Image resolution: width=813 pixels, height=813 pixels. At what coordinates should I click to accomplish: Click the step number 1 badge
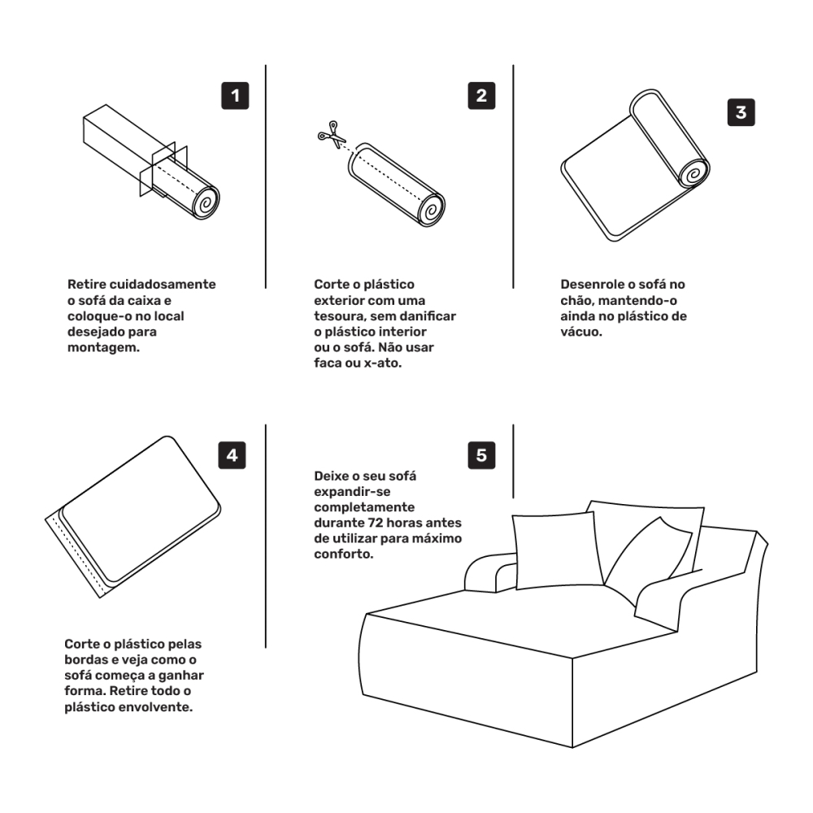235,96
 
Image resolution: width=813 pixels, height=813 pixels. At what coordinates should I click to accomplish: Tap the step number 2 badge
481,96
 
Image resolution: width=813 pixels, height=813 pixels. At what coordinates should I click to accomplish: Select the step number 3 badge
741,112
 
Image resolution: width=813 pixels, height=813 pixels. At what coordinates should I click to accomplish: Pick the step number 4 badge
232,455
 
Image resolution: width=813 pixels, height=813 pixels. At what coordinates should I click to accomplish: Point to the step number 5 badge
481,455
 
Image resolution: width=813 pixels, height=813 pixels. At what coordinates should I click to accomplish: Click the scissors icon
332,134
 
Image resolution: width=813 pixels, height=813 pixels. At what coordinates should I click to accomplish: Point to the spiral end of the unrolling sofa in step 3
694,173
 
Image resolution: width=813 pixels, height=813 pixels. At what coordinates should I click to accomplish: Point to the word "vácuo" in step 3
580,332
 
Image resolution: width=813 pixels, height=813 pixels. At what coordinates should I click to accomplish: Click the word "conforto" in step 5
342,554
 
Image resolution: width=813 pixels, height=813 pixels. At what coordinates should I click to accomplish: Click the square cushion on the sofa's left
558,550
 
